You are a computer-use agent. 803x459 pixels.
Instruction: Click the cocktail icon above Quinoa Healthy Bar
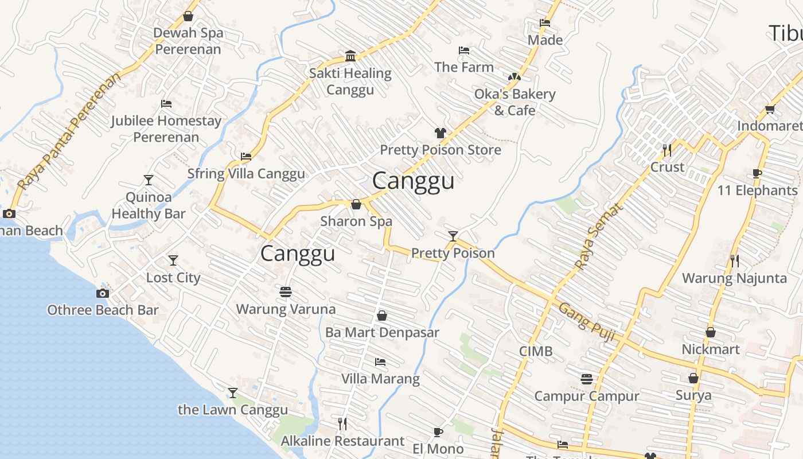[x=149, y=180]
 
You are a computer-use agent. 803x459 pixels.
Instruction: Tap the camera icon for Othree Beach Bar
[x=102, y=293]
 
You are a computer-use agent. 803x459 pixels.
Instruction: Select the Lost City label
[x=173, y=278]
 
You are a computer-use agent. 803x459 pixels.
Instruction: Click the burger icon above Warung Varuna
[x=286, y=292]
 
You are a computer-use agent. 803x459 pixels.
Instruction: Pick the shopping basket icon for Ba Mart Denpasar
[x=382, y=316]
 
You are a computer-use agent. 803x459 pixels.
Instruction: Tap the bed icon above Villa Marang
[x=380, y=362]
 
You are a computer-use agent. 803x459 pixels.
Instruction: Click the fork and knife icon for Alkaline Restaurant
[x=342, y=424]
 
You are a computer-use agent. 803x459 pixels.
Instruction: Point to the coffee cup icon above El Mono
[x=438, y=432]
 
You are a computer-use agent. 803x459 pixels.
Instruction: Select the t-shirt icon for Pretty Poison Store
[x=440, y=133]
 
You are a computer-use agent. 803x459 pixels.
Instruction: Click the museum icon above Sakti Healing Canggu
[x=350, y=56]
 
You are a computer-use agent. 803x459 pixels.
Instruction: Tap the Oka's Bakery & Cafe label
[x=514, y=102]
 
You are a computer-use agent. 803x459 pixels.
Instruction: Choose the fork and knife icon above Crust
[x=667, y=150]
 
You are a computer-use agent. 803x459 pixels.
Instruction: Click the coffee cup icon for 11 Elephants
[x=757, y=174]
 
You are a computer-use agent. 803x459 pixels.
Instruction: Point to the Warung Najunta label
[x=734, y=278]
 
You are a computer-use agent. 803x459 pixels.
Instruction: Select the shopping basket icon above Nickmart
[x=711, y=332]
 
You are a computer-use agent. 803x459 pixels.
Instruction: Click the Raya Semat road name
[x=599, y=236]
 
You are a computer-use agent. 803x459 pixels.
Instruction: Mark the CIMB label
[x=536, y=351]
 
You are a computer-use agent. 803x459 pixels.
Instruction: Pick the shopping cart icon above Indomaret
[x=770, y=110]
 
